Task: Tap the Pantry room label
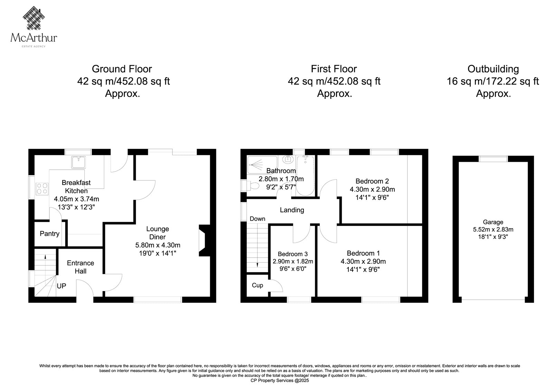(x=50, y=234)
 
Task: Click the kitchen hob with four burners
(x=42, y=189)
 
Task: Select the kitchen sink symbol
(x=78, y=162)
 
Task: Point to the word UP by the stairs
(x=62, y=286)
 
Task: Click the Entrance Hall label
(x=81, y=267)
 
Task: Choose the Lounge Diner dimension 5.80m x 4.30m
(x=158, y=245)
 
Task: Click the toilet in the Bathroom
(x=250, y=185)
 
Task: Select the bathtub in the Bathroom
(x=306, y=176)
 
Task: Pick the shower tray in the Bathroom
(x=262, y=165)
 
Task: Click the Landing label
(x=292, y=210)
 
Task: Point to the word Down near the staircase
(x=257, y=219)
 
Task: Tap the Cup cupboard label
(x=257, y=285)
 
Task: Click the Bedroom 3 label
(x=293, y=254)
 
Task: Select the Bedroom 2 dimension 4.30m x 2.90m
(x=372, y=189)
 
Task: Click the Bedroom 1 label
(x=363, y=253)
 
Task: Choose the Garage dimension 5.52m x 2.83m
(x=493, y=230)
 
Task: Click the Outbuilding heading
(x=493, y=69)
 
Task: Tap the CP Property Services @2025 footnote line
(x=280, y=381)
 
